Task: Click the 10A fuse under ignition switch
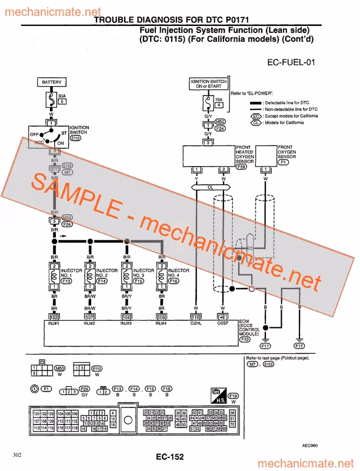pyautogui.click(x=207, y=104)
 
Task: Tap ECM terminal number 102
pyautogui.click(x=54, y=318)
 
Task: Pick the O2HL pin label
pyautogui.click(x=196, y=323)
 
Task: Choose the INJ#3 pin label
pyautogui.click(x=126, y=323)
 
